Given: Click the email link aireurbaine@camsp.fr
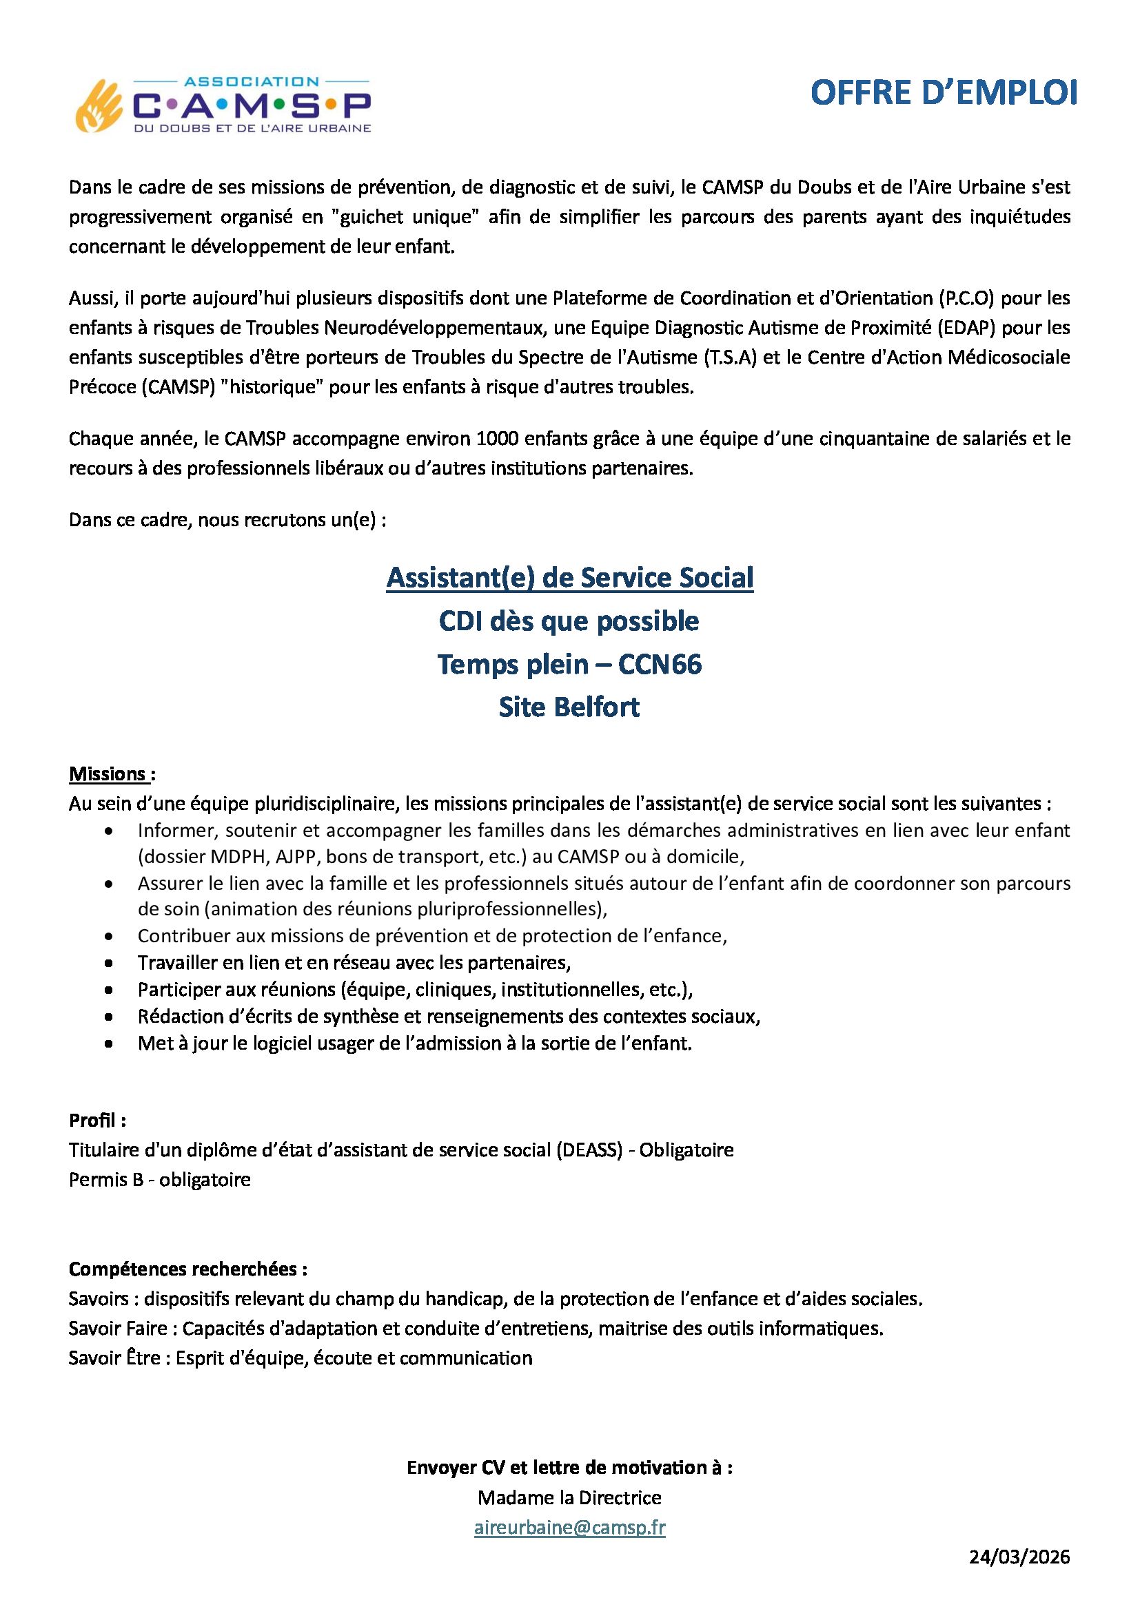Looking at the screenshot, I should pyautogui.click(x=569, y=1528).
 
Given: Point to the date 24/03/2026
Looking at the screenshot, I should pyautogui.click(x=1019, y=1557).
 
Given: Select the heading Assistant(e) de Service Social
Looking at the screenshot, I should pyautogui.click(x=569, y=577).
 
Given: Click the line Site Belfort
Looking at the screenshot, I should pyautogui.click(x=569, y=707).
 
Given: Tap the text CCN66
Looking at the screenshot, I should pyautogui.click(x=660, y=664).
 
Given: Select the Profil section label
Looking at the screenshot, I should pyautogui.click(x=97, y=1120).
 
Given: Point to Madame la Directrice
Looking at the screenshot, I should pyautogui.click(x=569, y=1498).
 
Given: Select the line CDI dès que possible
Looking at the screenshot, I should pyautogui.click(x=569, y=621).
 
